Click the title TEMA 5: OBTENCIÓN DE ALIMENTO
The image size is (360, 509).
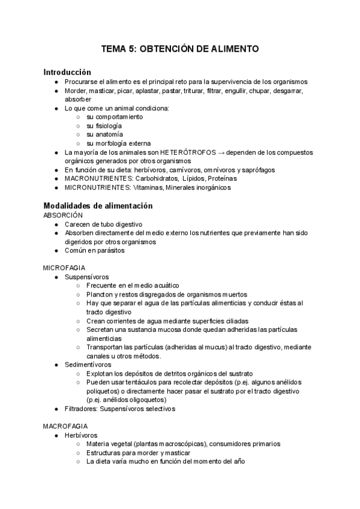pos(180,49)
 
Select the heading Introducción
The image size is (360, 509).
pos(67,71)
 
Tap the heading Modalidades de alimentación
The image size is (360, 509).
pos(98,205)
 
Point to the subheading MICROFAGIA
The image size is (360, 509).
pos(64,267)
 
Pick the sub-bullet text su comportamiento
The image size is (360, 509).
pos(115,117)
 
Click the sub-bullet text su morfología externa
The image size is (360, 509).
pos(118,143)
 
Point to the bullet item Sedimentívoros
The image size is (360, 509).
pos(88,364)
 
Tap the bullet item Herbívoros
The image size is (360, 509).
pos(81,435)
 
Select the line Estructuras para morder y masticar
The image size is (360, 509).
pos(138,453)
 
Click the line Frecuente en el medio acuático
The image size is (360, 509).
pos(133,286)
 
